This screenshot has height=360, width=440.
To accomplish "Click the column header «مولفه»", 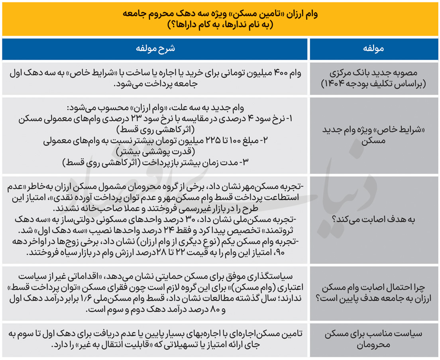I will pos(373,49).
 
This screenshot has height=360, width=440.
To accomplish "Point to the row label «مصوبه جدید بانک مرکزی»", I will pos(373,73).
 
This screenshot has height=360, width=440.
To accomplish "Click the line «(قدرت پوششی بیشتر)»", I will pos(156,152).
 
